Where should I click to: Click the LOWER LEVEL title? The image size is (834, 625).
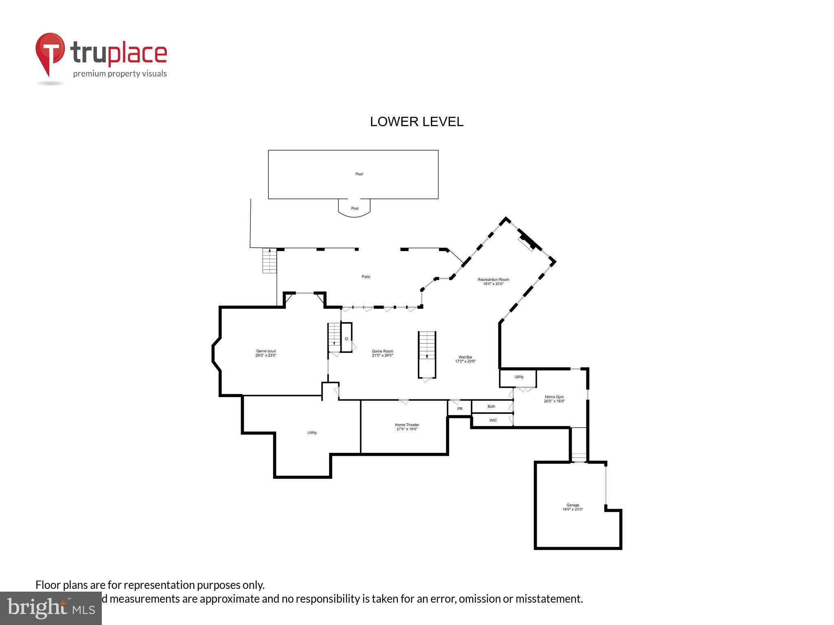(x=416, y=122)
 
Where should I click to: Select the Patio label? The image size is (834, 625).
(x=366, y=277)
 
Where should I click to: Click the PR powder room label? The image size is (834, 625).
(x=460, y=409)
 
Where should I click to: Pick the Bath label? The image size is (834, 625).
(x=492, y=406)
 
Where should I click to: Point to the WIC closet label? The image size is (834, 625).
(x=493, y=420)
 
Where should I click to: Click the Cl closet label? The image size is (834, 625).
(x=347, y=339)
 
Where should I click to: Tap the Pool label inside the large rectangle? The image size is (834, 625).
(x=359, y=174)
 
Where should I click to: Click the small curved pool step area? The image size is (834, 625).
(x=355, y=208)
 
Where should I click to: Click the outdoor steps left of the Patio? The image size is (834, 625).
(x=269, y=260)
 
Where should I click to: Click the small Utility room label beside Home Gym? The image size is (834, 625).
(x=518, y=377)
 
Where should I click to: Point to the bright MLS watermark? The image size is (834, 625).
(x=51, y=608)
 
